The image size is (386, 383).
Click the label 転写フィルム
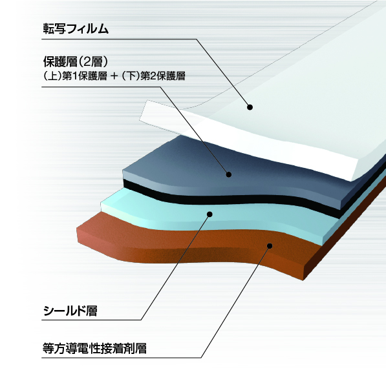[x=76, y=29]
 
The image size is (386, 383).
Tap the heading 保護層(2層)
[x=76, y=62]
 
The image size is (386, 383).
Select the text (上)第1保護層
[x=75, y=76]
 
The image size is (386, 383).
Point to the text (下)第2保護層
[x=153, y=76]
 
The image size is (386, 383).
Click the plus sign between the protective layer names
[x=114, y=76]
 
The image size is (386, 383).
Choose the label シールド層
[x=70, y=311]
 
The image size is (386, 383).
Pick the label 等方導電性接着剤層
[x=94, y=348]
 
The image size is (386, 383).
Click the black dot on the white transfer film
[x=250, y=107]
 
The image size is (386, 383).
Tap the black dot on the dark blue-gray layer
[x=229, y=174]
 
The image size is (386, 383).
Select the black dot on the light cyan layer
[x=209, y=214]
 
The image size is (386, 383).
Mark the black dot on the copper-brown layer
[x=270, y=246]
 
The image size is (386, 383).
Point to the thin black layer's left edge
[x=123, y=183]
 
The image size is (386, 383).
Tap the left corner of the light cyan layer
[x=101, y=203]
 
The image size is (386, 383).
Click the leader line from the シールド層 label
[x=175, y=267]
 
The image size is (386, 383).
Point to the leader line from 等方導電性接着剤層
[x=235, y=302]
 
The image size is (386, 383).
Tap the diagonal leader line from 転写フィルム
[x=223, y=73]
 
